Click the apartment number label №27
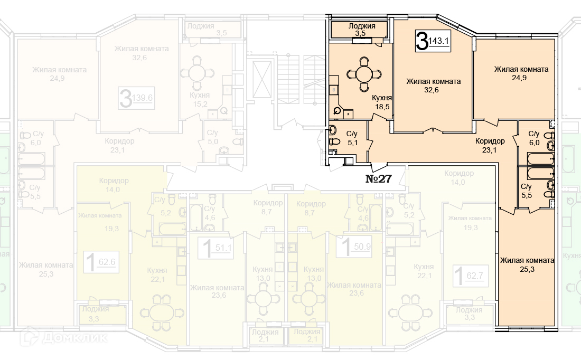coord(379,178)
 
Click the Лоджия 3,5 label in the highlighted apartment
coord(361,30)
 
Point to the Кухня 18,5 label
coord(382,102)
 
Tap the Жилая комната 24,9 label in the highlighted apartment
coord(521,73)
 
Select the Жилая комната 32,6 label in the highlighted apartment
coord(433,86)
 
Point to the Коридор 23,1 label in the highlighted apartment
coord(490,145)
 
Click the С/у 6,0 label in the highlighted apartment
coord(533,138)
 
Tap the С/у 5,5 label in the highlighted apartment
coord(526,191)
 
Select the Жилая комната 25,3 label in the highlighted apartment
coord(527,264)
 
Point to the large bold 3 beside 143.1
coord(422,41)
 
